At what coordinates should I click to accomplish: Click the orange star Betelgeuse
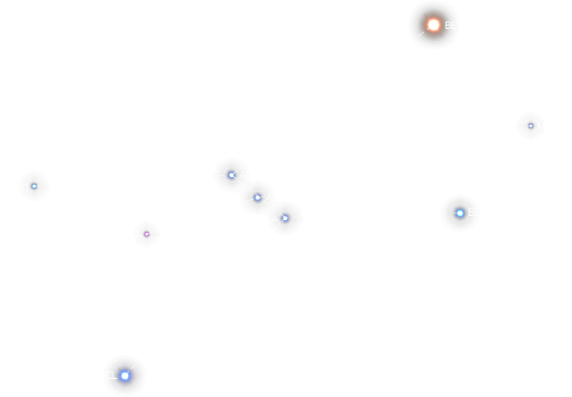433,25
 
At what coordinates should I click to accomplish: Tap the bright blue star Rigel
125,375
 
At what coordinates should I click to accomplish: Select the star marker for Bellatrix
460,213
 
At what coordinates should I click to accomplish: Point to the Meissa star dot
531,126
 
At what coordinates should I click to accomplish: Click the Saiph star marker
34,186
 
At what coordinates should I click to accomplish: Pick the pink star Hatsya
146,234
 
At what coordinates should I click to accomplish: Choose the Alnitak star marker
231,175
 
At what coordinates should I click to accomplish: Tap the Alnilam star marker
258,197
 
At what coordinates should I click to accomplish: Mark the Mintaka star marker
285,218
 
